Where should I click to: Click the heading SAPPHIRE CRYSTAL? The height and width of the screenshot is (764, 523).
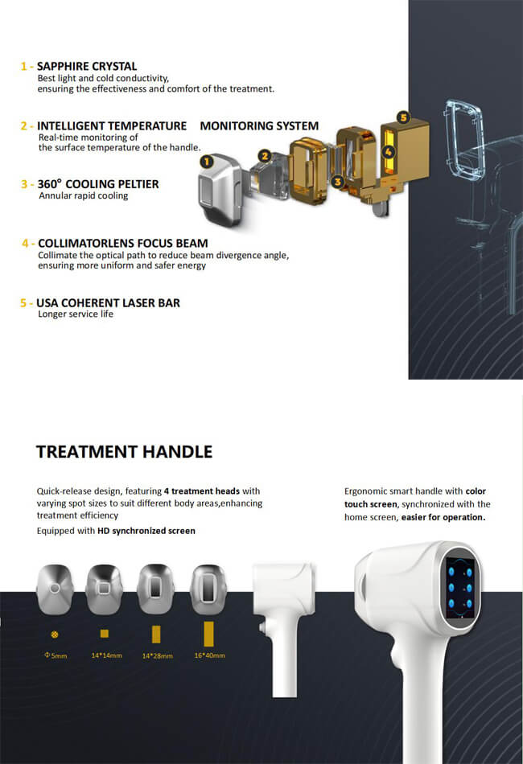click(87, 66)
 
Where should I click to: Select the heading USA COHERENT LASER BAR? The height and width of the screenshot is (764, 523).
click(108, 302)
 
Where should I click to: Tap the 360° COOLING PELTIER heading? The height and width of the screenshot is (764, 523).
click(98, 183)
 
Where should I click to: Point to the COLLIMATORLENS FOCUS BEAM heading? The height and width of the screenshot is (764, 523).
click(122, 243)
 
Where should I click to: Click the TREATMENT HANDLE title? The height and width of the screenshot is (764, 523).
click(125, 451)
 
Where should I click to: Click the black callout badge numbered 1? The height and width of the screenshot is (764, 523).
click(206, 161)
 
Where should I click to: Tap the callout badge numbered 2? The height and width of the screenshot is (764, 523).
click(264, 155)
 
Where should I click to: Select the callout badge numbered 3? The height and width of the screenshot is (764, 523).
click(338, 182)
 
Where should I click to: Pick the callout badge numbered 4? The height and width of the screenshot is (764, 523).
click(389, 150)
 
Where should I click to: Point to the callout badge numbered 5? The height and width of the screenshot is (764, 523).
click(403, 117)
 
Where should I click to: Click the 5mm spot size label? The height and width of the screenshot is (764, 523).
click(56, 655)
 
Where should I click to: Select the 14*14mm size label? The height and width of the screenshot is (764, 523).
click(104, 655)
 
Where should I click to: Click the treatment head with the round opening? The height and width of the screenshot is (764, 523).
click(56, 587)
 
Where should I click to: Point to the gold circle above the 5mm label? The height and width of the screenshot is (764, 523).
click(55, 634)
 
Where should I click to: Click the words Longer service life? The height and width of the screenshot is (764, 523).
click(76, 314)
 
